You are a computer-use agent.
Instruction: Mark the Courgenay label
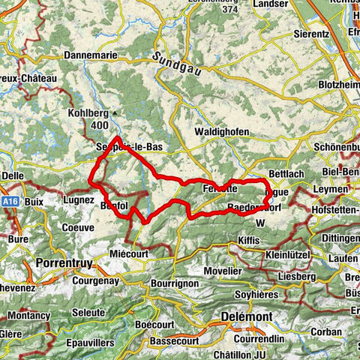click(100, 281)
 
